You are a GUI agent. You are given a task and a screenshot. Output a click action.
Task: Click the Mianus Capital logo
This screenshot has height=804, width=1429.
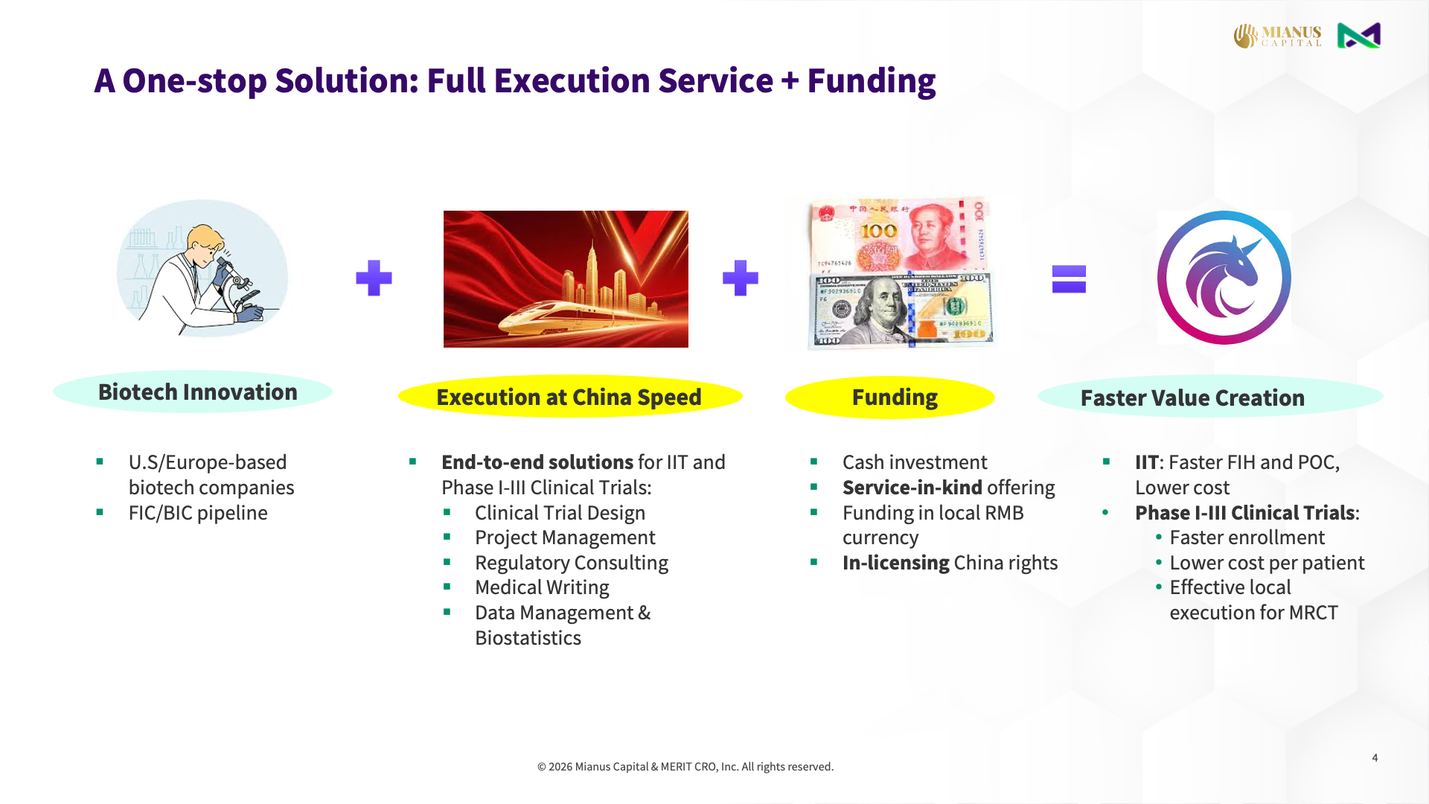click(1277, 36)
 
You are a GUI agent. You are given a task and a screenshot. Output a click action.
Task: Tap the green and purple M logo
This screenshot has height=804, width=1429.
click(1358, 36)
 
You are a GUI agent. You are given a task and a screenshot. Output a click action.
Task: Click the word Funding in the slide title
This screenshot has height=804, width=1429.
click(871, 80)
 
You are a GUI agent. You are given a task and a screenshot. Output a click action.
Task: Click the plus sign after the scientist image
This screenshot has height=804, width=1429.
click(374, 278)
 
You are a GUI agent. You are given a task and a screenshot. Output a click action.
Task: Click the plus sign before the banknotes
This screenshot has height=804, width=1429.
click(740, 278)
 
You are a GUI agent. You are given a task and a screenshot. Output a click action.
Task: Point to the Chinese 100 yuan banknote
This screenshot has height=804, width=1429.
click(899, 234)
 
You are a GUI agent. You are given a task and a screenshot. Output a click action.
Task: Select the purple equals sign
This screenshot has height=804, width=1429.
click(1069, 279)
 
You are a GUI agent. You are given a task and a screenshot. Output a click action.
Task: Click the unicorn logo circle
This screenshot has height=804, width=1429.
click(1224, 278)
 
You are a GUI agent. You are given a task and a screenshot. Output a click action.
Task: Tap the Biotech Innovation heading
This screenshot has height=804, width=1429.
click(197, 392)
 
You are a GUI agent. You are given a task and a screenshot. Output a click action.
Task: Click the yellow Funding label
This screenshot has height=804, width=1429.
click(894, 398)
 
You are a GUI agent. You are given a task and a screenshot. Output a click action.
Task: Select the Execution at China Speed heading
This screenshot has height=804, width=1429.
click(569, 398)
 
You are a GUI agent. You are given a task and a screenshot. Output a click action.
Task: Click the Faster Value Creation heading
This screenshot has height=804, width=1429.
click(1192, 398)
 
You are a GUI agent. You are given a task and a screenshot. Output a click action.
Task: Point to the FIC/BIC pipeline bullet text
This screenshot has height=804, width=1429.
click(197, 513)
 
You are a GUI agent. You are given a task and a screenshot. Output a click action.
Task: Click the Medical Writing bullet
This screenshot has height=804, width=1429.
click(542, 587)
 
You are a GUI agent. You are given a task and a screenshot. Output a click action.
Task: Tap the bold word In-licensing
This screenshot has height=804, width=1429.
click(895, 563)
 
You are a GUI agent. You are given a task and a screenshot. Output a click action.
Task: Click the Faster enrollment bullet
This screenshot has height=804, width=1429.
click(1247, 537)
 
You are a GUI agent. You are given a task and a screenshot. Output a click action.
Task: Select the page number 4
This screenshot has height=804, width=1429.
click(1375, 758)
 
